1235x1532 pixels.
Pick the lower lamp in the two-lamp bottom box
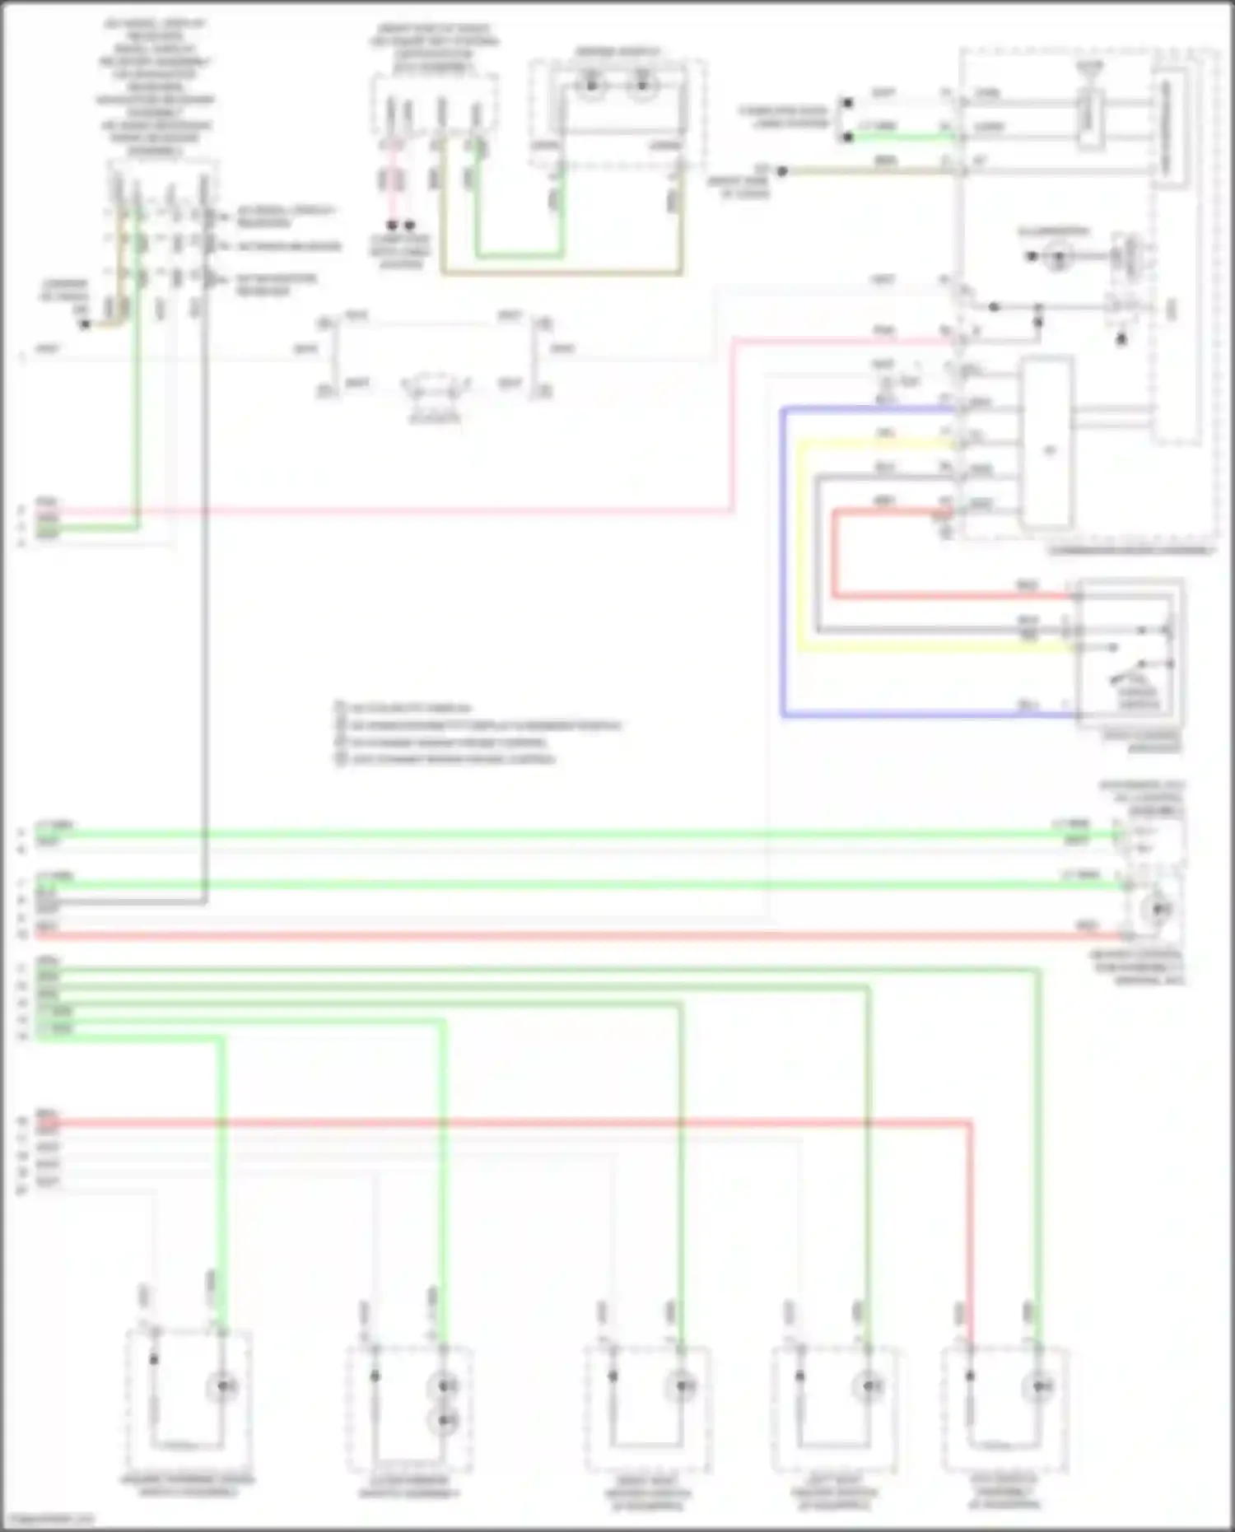pos(445,1420)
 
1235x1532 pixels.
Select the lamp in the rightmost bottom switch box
pos(1037,1388)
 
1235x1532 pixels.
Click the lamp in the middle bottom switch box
pos(682,1388)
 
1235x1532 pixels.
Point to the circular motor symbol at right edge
pos(1159,909)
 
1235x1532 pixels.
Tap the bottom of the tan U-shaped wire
pos(560,272)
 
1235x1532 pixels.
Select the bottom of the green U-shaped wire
pos(519,256)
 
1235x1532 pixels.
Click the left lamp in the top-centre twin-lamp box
pos(591,85)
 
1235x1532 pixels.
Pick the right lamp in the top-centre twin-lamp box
pos(643,85)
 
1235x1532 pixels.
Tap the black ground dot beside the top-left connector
pos(85,324)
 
